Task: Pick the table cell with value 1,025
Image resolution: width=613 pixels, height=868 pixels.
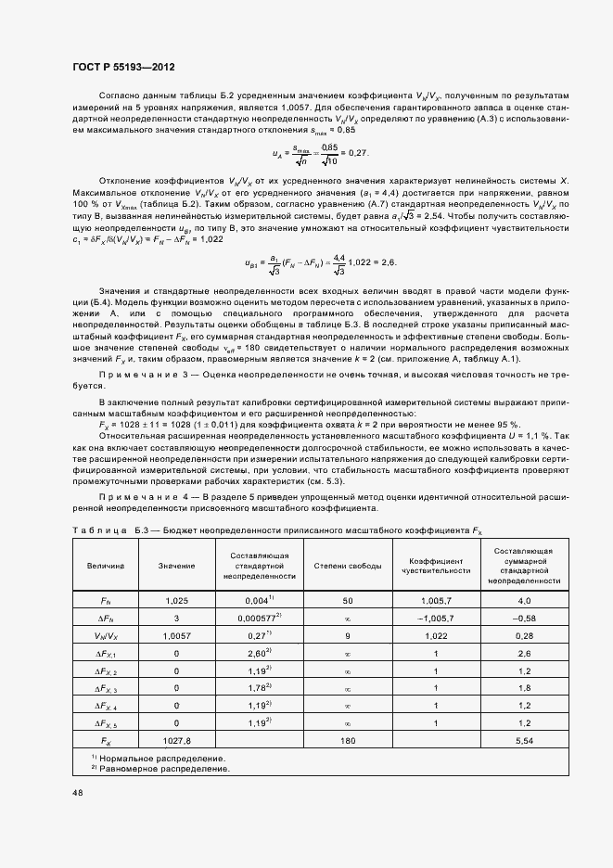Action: [x=176, y=601]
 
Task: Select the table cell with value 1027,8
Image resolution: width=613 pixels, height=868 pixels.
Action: [x=176, y=742]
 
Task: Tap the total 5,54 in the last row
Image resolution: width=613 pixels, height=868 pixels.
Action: [x=525, y=742]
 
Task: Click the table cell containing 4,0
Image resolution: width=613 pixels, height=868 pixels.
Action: [x=525, y=601]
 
